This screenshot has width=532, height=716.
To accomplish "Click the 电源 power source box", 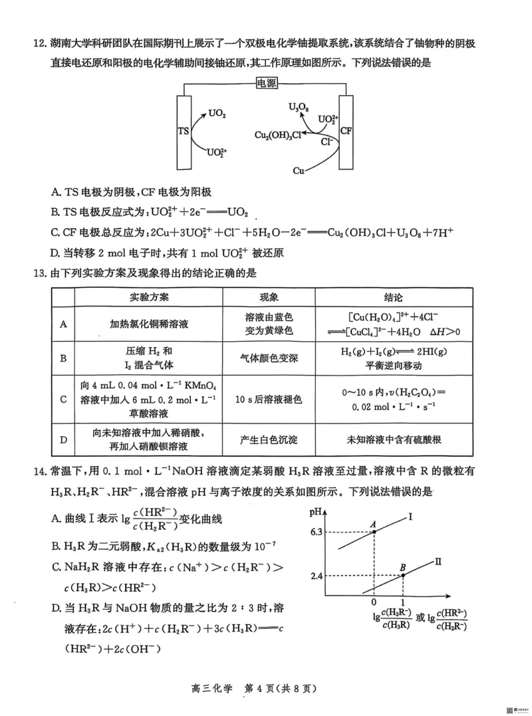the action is (x=266, y=84).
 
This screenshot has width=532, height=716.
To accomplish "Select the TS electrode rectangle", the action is (x=184, y=131).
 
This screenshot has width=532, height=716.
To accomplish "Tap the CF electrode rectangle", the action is (x=346, y=131).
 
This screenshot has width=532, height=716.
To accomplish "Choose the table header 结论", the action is (x=393, y=297).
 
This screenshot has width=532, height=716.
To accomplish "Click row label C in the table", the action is (x=63, y=400).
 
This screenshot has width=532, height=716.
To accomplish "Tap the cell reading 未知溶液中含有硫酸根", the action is (x=394, y=440).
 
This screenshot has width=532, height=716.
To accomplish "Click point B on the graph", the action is (x=403, y=575).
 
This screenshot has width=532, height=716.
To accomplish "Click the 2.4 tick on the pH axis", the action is (x=317, y=576).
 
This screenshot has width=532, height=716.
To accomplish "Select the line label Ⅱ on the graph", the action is (x=438, y=562).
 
